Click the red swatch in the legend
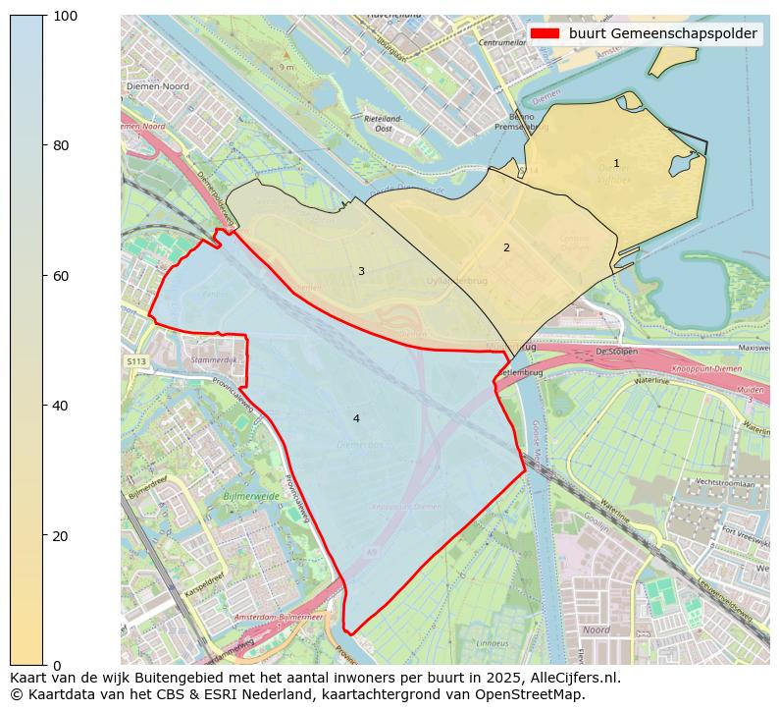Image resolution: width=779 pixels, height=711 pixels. (545, 33)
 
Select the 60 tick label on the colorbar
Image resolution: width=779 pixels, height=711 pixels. (61, 276)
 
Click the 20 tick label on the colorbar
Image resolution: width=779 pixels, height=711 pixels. (61, 536)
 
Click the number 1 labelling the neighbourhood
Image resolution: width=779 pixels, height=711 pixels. (616, 164)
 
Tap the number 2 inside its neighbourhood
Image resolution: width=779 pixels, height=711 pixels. (506, 248)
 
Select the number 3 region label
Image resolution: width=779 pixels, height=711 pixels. (361, 272)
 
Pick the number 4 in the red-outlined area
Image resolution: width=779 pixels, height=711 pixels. (356, 419)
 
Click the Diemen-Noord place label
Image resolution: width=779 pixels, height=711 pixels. (157, 86)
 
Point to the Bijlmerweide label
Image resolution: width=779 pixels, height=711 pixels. (251, 498)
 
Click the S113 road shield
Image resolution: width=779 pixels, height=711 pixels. (135, 362)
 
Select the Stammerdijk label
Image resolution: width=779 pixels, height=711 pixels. (215, 360)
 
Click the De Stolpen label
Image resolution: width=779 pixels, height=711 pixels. (616, 352)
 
